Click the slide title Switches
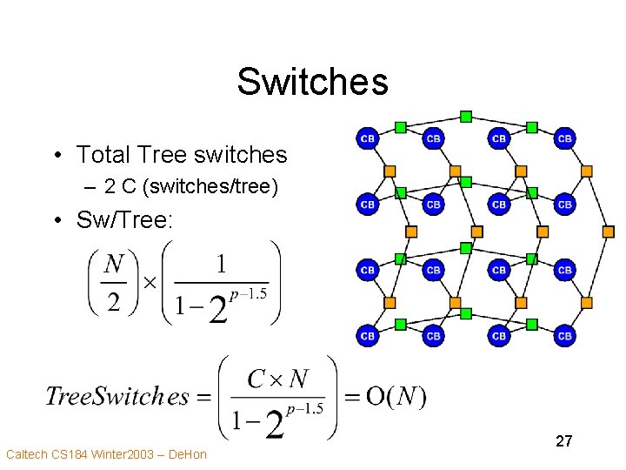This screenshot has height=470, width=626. point(312,82)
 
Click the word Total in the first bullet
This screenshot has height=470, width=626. point(103,155)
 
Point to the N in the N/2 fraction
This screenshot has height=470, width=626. point(114,263)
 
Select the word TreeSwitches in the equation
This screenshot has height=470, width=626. point(117,397)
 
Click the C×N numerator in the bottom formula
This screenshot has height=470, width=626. point(278,379)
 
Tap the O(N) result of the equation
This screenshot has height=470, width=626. point(396,397)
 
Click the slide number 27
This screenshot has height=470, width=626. point(563,441)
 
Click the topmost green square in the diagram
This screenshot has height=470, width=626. point(466,116)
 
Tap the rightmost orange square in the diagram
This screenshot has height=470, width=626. point(609,232)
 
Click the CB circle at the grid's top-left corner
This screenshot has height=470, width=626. point(368,138)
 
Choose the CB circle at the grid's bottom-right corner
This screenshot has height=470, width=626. point(564,335)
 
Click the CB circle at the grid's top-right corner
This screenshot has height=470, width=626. point(564,138)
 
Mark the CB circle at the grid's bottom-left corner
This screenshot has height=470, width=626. point(368,335)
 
